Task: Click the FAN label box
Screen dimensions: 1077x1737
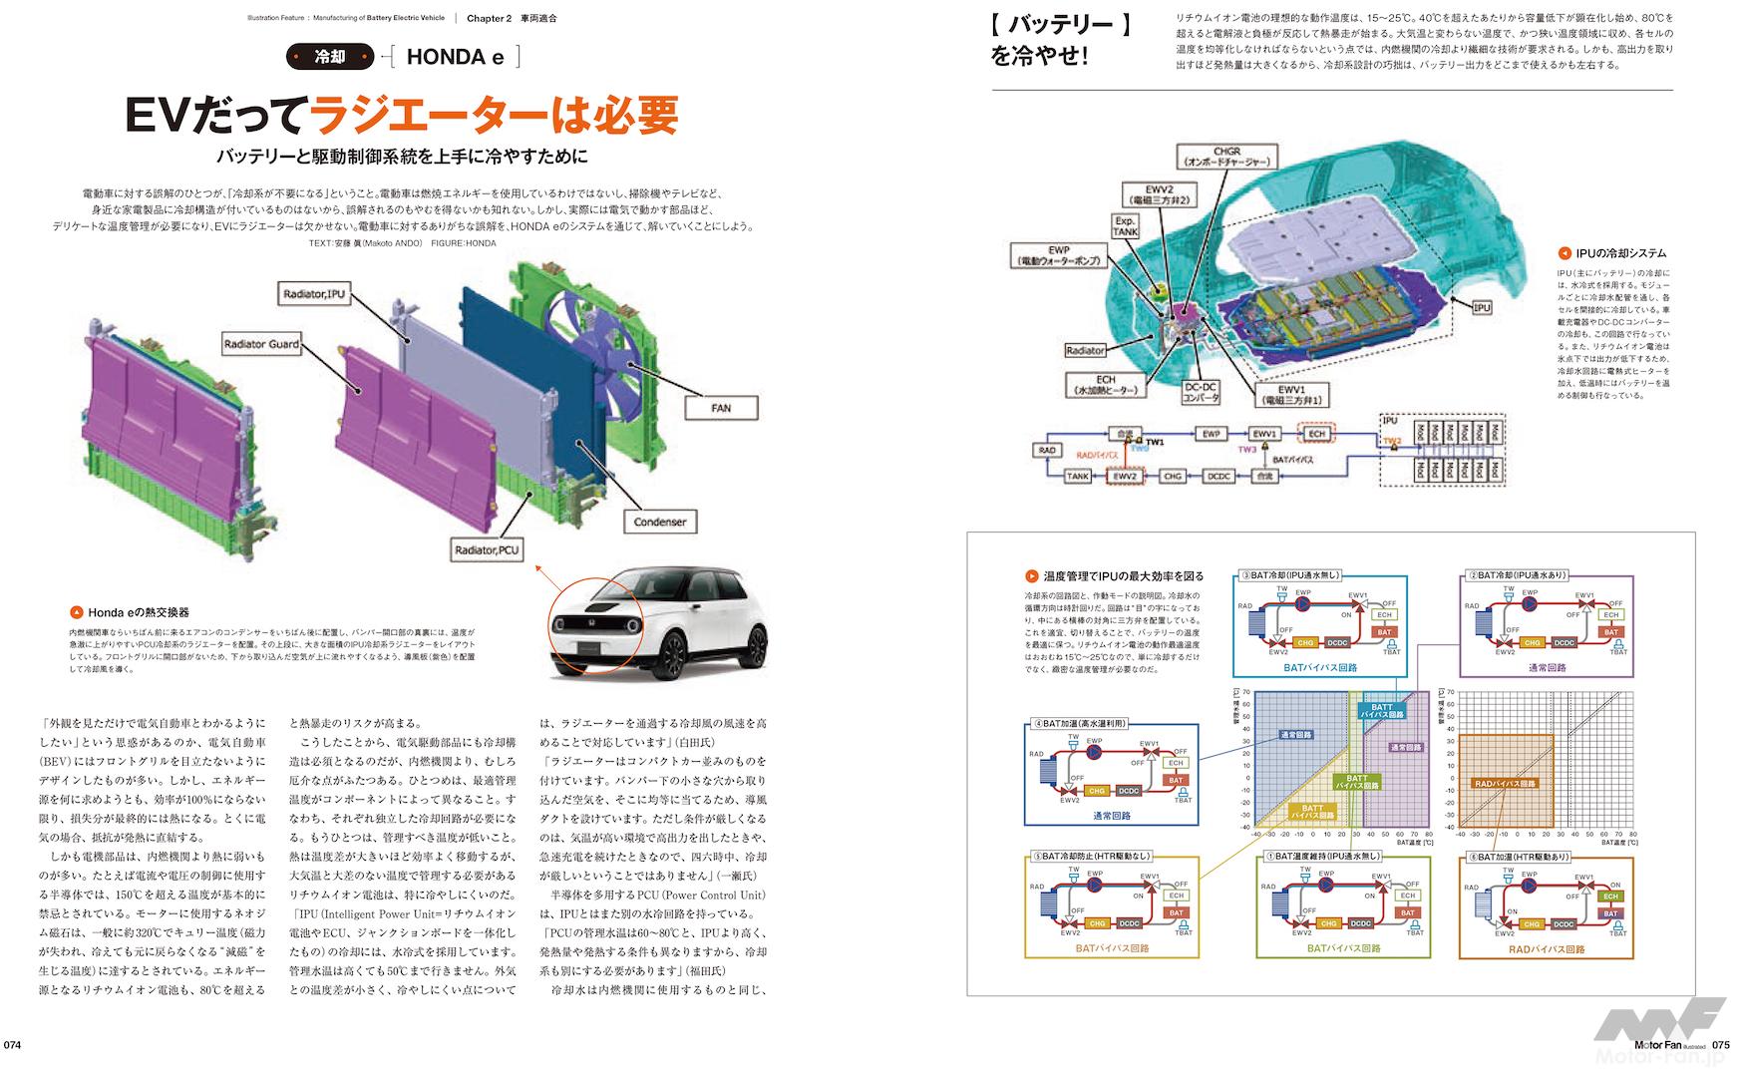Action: coord(721,407)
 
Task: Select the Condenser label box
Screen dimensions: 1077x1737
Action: coord(659,521)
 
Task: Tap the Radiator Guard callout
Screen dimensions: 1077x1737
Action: coord(261,344)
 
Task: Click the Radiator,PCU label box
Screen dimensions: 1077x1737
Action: coord(487,549)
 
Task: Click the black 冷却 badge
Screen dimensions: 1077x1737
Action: coord(329,57)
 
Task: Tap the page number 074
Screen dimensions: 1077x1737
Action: coord(13,1045)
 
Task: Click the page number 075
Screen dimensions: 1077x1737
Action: coord(1721,1045)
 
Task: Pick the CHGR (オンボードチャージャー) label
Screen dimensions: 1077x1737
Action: coord(1226,156)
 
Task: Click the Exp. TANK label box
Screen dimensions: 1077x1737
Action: coord(1125,226)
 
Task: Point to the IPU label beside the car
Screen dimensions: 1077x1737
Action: coord(1481,308)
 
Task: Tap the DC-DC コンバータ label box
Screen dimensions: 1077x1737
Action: coord(1201,392)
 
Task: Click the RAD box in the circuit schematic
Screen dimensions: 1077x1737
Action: coord(1046,451)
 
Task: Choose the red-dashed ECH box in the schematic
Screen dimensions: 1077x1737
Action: coord(1316,434)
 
